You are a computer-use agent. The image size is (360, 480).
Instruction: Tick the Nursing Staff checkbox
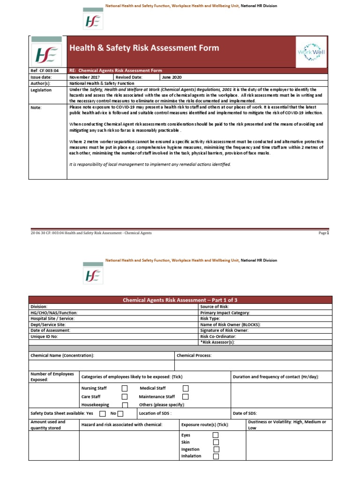[x=125, y=388]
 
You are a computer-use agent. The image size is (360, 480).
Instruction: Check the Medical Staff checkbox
[x=186, y=388]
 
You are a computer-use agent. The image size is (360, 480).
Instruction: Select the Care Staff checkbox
[x=125, y=397]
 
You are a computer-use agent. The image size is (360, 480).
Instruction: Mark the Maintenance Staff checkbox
[x=186, y=397]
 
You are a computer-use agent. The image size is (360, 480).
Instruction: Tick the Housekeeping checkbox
[x=125, y=405]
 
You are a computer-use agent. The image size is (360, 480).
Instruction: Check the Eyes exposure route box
[x=216, y=435]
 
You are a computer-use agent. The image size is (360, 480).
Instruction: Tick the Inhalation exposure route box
[x=216, y=456]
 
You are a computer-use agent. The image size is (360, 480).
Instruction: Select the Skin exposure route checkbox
[x=216, y=442]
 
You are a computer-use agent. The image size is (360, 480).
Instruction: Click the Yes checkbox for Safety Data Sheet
[x=103, y=413]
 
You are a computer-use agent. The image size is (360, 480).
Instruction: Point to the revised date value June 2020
[x=172, y=77]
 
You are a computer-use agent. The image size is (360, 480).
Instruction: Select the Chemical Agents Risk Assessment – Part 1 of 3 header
[x=180, y=300]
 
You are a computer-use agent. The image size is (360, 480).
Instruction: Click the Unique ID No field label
[x=44, y=337]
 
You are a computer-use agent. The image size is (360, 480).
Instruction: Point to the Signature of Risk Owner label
[x=224, y=330]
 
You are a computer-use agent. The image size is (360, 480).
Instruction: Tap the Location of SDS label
[x=155, y=413]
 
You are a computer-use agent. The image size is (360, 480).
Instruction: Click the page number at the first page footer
[x=324, y=233]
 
